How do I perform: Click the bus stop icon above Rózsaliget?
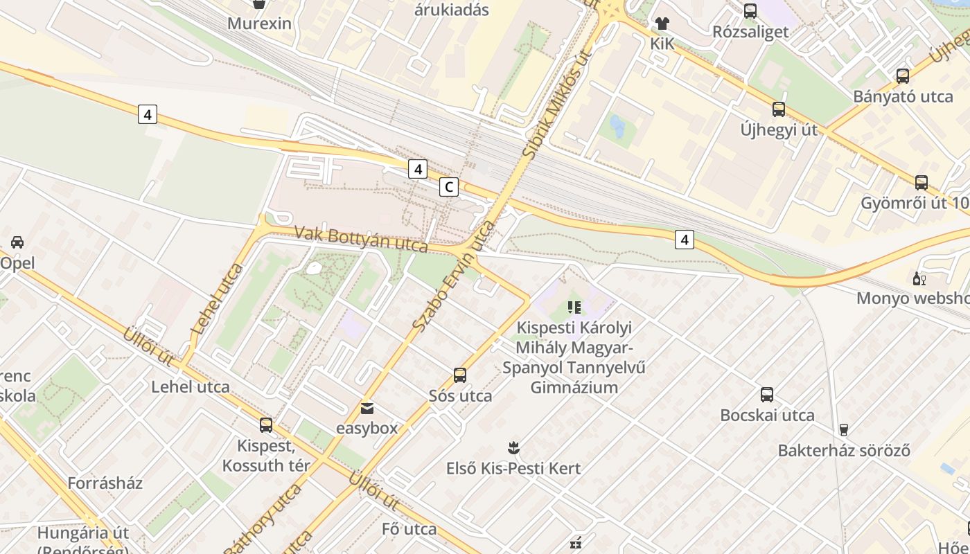[750, 11]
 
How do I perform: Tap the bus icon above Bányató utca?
[903, 76]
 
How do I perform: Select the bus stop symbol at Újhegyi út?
[779, 109]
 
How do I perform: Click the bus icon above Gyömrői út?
[921, 183]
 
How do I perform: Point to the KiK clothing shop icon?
[662, 24]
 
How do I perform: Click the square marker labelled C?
[449, 187]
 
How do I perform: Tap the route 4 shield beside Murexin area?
[147, 114]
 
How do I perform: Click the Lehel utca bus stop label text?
[191, 386]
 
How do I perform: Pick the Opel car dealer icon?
[17, 242]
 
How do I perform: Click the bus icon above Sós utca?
[460, 375]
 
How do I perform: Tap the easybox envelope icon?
[367, 409]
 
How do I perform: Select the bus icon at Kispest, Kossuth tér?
[266, 425]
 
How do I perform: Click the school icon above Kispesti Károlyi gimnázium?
[574, 307]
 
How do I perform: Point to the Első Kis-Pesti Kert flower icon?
[513, 447]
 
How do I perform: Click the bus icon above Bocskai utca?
[767, 395]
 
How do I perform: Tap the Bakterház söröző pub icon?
[843, 430]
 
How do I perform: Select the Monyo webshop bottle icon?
[919, 279]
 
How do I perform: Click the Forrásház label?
[105, 483]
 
